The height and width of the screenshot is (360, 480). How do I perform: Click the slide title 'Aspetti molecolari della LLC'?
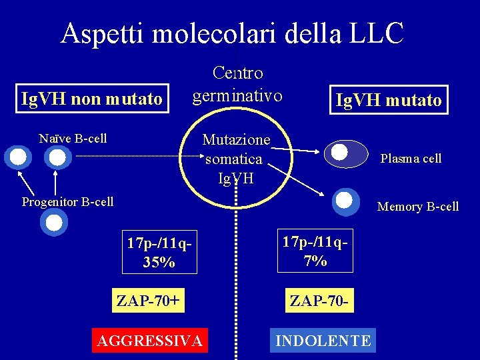pos(232,33)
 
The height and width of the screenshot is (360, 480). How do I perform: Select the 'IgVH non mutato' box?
pos(92,99)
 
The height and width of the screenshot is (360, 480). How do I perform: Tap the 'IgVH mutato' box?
pos(389,100)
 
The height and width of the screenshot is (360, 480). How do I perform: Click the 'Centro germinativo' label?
pos(237,84)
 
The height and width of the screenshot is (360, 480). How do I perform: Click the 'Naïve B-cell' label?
pos(73,139)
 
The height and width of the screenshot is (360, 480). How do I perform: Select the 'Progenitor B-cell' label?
pos(67,201)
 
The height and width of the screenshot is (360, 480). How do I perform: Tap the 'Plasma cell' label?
pos(411,159)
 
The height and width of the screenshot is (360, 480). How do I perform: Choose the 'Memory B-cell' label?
pos(418,207)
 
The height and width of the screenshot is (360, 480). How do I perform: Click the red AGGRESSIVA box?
pos(149,341)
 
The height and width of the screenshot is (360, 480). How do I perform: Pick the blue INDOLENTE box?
pos(323,341)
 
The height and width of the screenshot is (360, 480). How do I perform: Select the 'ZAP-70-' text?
pos(319,301)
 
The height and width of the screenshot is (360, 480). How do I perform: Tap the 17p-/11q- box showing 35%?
pos(160,252)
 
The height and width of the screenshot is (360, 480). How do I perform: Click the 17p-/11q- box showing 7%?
pos(315,251)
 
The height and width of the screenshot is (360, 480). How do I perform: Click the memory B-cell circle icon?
pos(345,200)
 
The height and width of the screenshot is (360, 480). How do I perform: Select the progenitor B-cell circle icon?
pos(54,222)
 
